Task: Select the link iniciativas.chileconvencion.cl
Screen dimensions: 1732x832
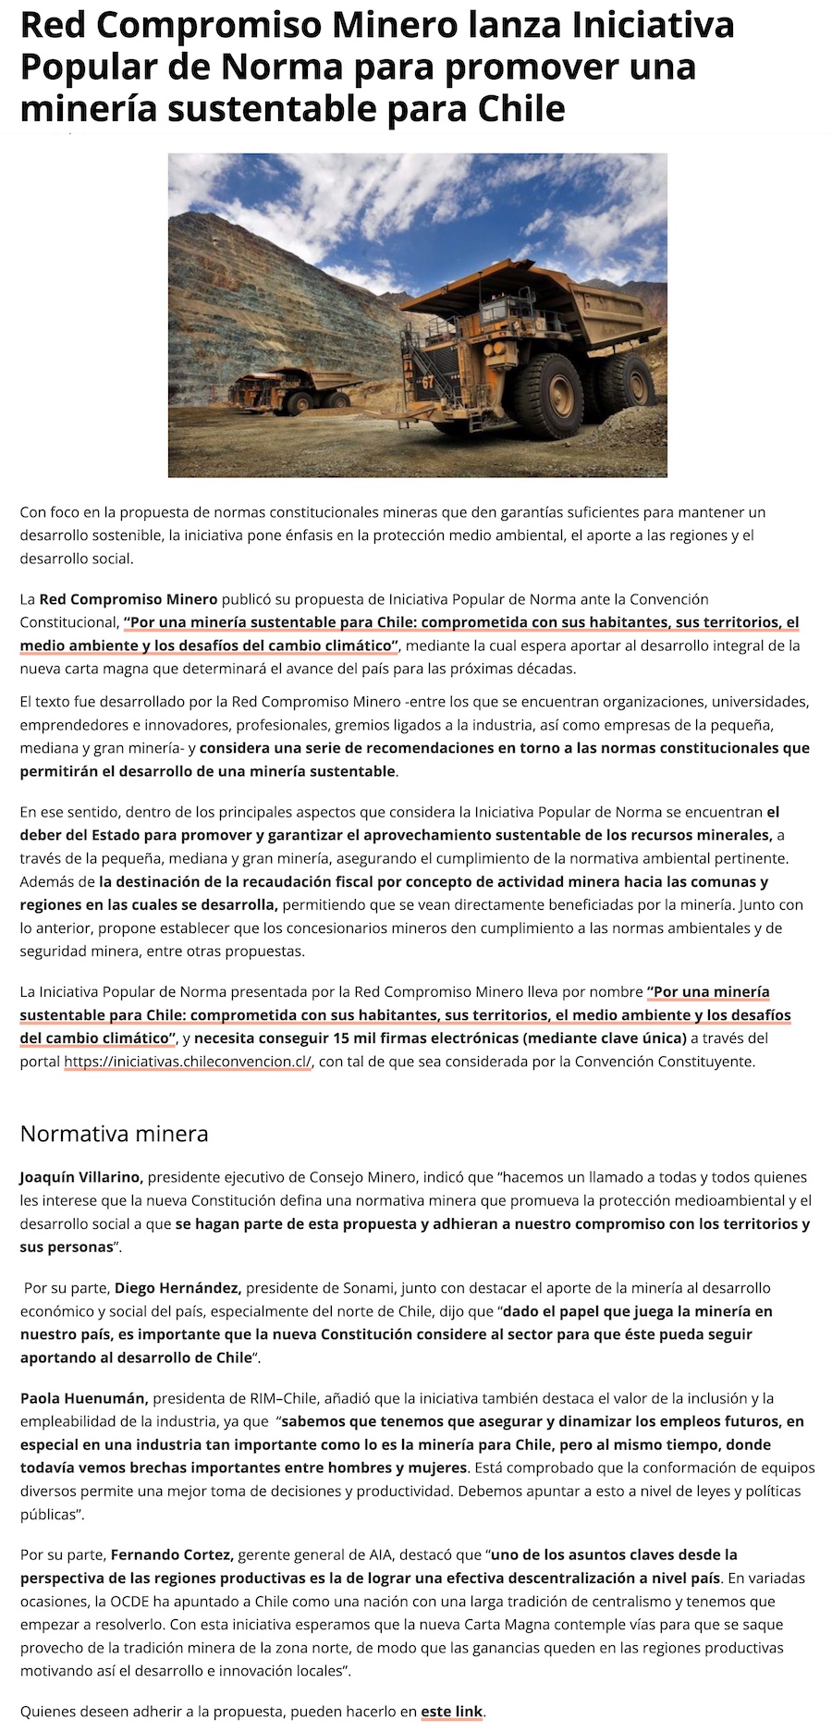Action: [188, 1062]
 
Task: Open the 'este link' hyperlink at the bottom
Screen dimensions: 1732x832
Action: [452, 1711]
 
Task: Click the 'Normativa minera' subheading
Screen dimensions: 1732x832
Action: [114, 1133]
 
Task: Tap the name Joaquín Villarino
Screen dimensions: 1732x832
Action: [81, 1177]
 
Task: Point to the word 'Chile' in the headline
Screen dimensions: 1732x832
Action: [521, 109]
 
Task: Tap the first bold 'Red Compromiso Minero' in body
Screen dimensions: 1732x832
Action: [128, 599]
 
